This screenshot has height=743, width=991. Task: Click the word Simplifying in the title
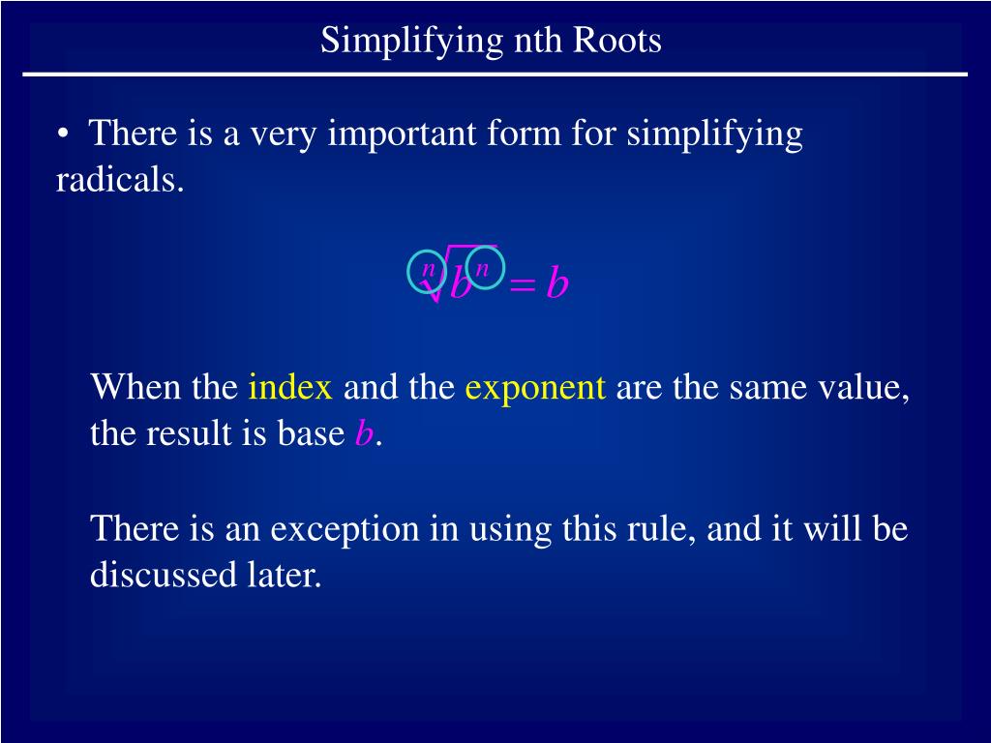point(411,41)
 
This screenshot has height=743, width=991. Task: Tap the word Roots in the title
point(616,40)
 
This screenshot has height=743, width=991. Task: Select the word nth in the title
point(538,40)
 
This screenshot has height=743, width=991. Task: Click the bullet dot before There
point(62,134)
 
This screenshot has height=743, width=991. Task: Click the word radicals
point(119,179)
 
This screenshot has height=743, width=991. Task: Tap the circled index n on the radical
point(427,271)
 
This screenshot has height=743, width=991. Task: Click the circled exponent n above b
point(485,268)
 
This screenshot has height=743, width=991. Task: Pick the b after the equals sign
point(556,282)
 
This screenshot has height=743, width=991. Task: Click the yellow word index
point(290,387)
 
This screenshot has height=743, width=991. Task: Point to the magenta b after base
point(364,433)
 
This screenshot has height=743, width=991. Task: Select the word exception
point(345,529)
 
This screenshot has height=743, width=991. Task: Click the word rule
point(661,529)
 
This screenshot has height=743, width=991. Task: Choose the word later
point(285,575)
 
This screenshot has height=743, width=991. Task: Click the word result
point(189,433)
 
